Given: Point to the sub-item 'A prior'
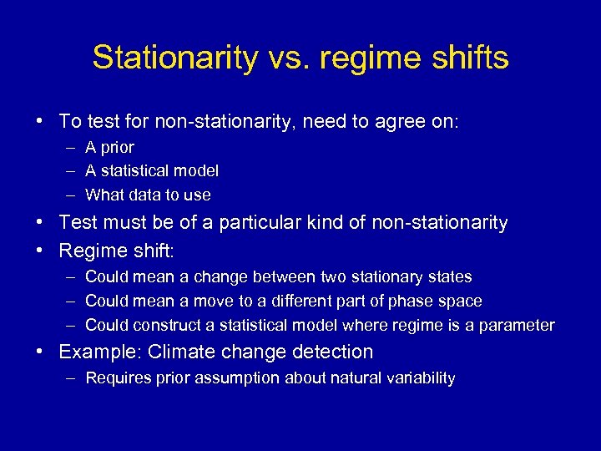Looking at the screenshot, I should (x=109, y=147).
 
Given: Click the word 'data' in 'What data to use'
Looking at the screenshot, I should (x=150, y=195).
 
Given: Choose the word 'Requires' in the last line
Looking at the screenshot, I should (x=117, y=378).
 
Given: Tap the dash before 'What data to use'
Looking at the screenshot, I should (x=68, y=195).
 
